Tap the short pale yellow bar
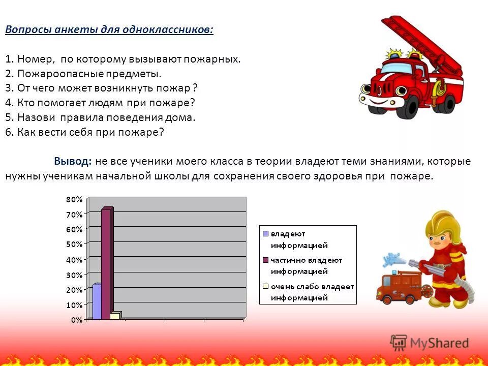115,316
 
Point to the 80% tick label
74,199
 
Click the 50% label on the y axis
74,244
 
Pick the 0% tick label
76,320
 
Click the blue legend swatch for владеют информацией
265,234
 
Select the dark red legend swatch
265,260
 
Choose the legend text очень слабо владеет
312,286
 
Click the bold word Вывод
73,162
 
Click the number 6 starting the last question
8,132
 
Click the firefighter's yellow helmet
441,224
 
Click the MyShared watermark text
440,343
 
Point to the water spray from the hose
391,260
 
